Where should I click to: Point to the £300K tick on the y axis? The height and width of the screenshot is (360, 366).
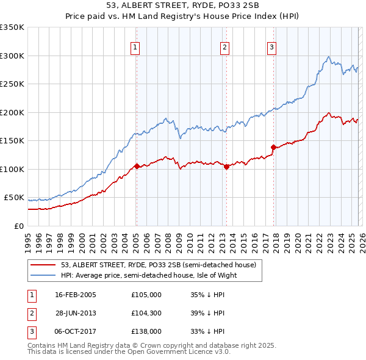tap(12, 56)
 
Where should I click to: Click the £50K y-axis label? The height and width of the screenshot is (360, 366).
tap(14, 198)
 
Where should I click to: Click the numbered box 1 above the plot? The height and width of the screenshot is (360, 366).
tap(134, 46)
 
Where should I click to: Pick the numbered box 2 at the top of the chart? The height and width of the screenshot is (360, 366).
tap(224, 46)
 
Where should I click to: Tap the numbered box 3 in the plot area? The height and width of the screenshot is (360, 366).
tap(271, 46)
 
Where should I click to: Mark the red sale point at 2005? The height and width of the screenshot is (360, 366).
tap(137, 166)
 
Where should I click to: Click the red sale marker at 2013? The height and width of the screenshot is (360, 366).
tap(226, 166)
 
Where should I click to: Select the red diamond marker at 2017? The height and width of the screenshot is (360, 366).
tap(273, 147)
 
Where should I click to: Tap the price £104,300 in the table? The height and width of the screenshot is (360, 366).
tap(146, 312)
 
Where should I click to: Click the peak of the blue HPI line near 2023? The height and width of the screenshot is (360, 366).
tap(329, 57)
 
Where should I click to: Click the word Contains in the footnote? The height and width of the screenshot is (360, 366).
tap(42, 345)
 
